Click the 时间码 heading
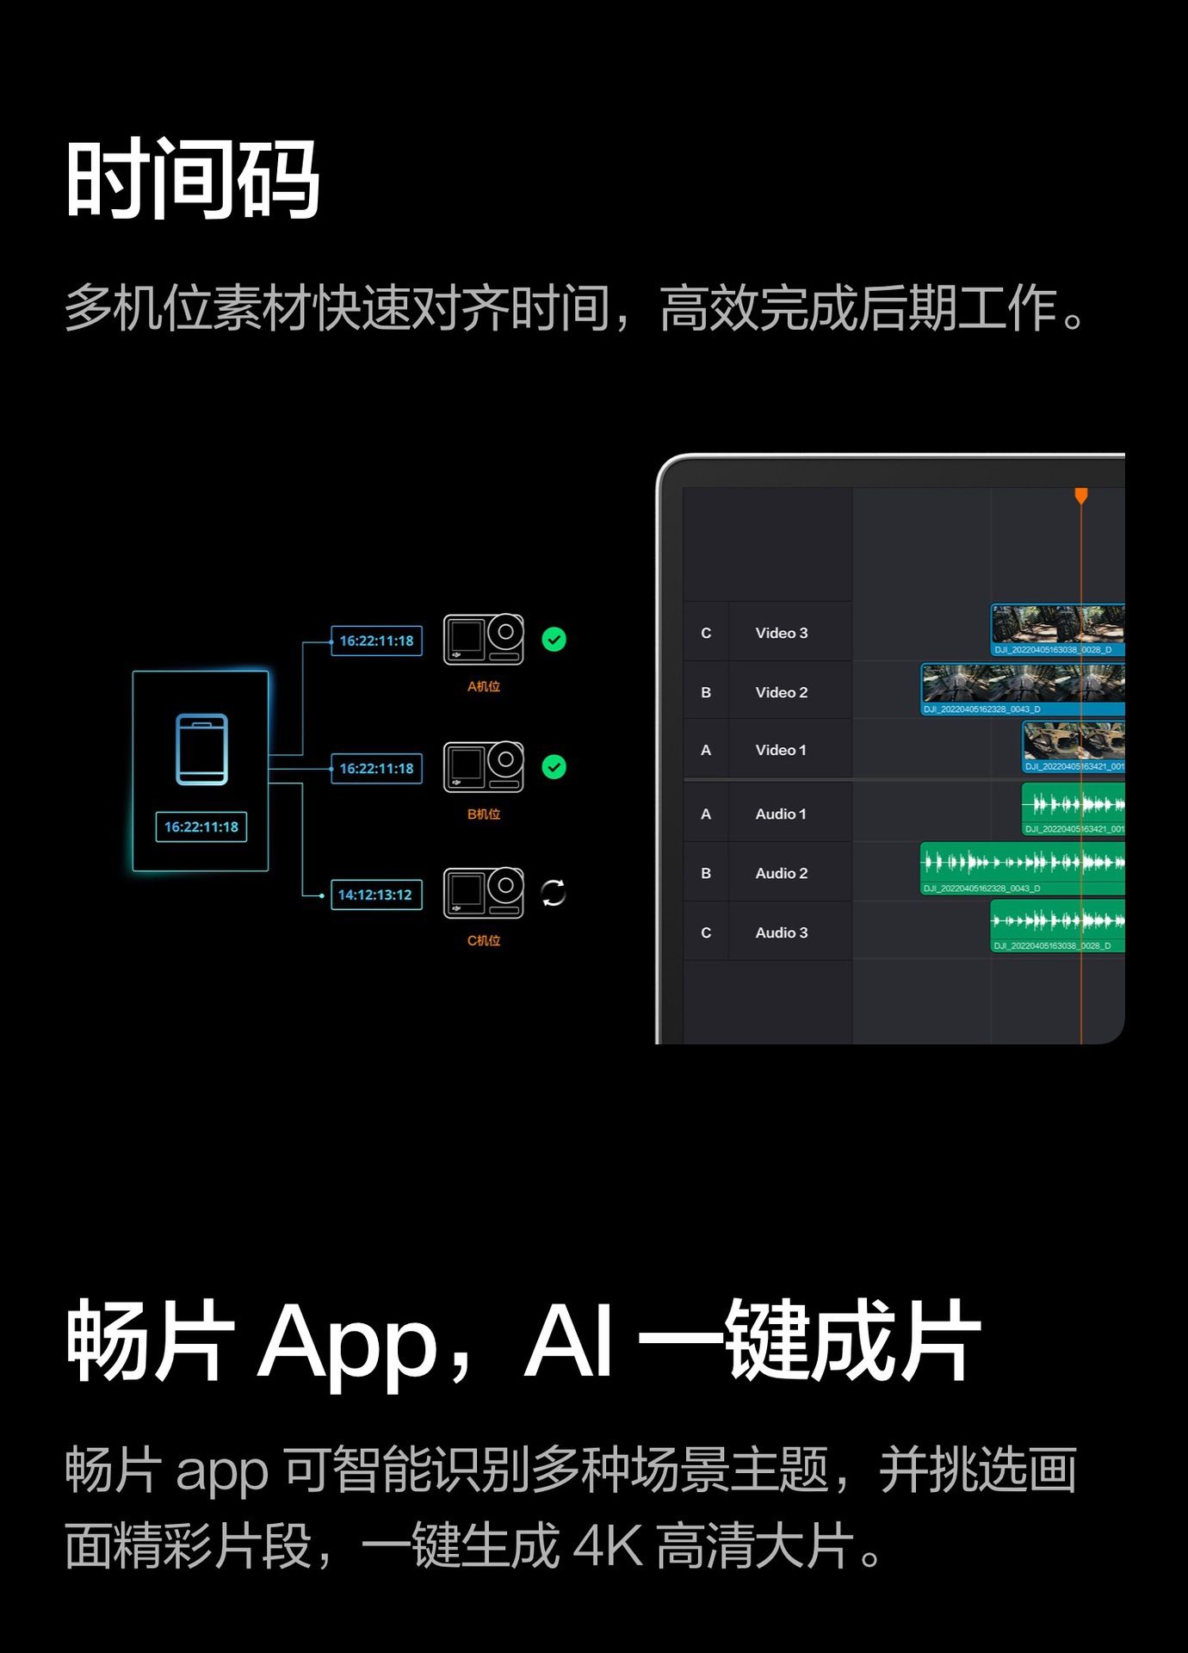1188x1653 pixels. click(x=193, y=180)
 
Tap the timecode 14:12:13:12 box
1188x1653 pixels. click(x=375, y=895)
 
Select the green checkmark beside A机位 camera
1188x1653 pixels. click(x=554, y=640)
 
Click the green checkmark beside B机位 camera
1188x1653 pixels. click(x=554, y=766)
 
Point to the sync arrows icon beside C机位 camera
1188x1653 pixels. click(x=553, y=893)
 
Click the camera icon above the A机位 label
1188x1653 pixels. click(x=483, y=640)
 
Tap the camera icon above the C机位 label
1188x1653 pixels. click(x=483, y=893)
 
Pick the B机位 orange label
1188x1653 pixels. click(x=483, y=814)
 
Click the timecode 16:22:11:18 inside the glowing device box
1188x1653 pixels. click(x=201, y=826)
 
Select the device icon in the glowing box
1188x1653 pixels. click(x=201, y=749)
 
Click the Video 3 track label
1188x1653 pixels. click(x=781, y=633)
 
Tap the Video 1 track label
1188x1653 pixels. click(x=780, y=750)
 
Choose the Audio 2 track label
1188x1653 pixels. click(x=781, y=873)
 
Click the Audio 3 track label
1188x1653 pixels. click(x=781, y=932)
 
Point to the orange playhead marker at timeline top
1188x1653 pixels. click(x=1081, y=495)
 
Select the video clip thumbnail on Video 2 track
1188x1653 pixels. click(x=1022, y=684)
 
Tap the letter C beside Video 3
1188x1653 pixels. click(x=706, y=633)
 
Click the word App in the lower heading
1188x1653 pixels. click(x=348, y=1343)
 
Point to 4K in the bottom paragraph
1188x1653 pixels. click(x=607, y=1545)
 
